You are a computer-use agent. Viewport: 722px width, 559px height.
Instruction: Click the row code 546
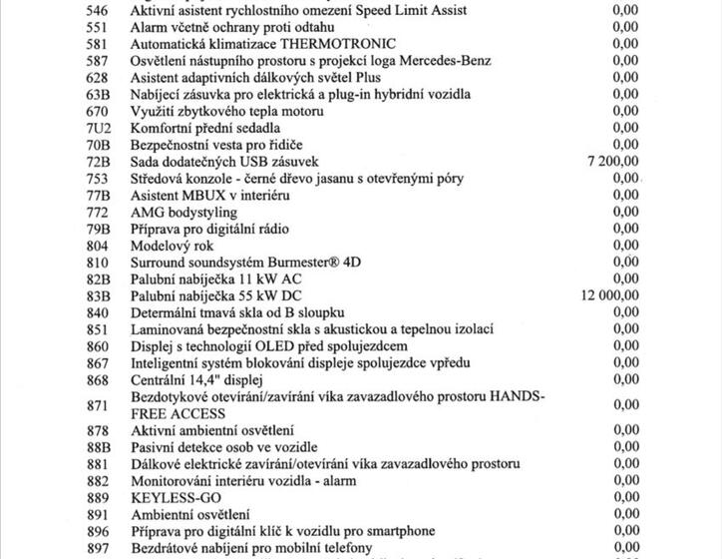click(x=97, y=11)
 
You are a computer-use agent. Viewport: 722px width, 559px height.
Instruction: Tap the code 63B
click(x=97, y=95)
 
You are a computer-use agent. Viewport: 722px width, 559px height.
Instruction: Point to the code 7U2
click(x=98, y=129)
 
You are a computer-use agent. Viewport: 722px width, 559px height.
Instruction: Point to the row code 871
click(x=97, y=405)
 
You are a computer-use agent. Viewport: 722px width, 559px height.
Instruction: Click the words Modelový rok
click(x=172, y=246)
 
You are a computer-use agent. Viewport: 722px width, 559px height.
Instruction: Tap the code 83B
click(x=97, y=295)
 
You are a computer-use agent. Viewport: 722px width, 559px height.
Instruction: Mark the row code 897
click(x=97, y=547)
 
